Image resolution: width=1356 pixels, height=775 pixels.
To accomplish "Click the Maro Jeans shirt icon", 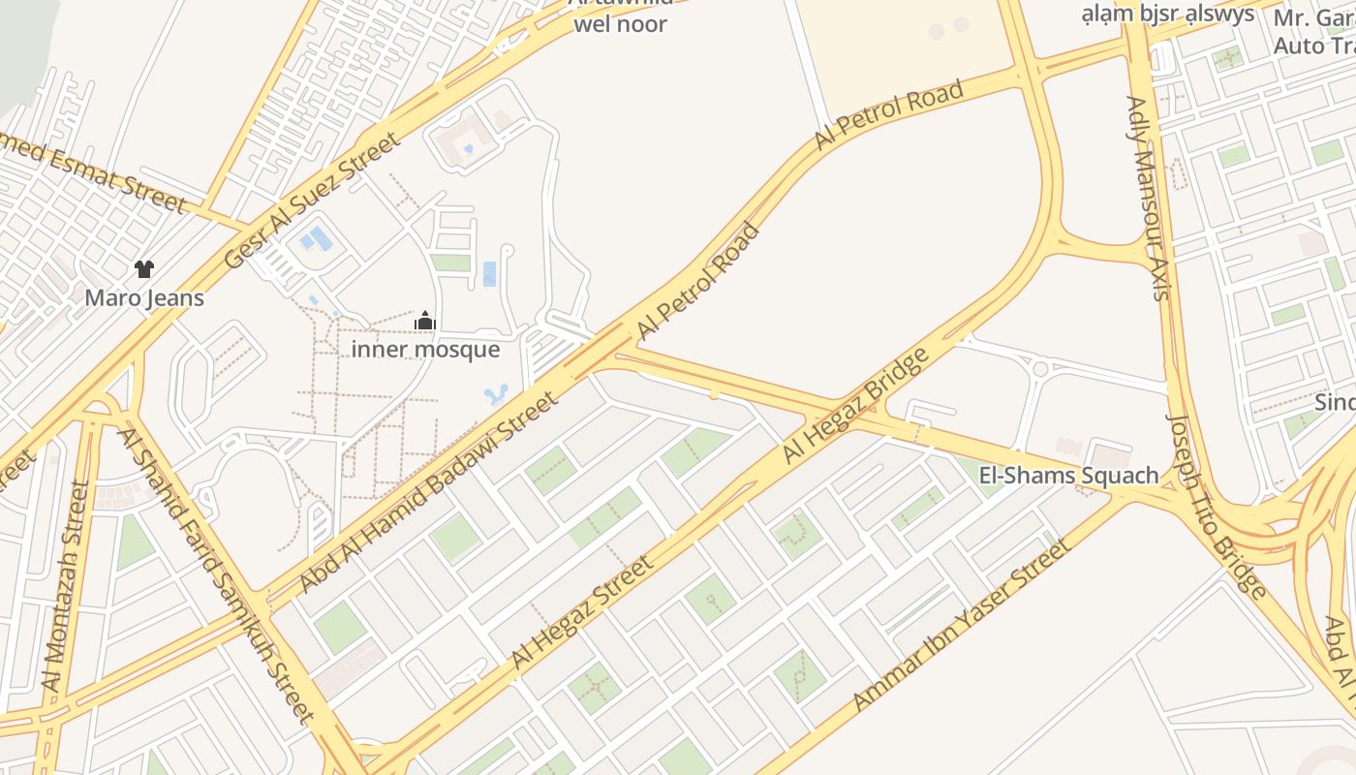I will (144, 269).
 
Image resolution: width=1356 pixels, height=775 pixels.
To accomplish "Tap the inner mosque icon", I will (424, 321).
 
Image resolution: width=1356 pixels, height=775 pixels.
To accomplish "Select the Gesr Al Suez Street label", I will (312, 201).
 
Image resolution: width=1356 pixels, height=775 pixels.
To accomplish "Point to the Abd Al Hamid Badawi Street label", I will (429, 491).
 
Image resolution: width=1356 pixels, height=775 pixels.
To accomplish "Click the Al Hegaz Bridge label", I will (856, 404).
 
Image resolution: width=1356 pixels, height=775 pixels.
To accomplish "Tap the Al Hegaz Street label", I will (581, 612).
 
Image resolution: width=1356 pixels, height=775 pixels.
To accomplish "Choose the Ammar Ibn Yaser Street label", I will (964, 625).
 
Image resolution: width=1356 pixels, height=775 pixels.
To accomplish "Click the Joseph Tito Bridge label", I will (1217, 506).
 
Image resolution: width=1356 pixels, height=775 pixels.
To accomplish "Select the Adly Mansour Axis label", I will (1149, 198).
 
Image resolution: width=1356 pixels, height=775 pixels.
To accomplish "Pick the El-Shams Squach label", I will (1069, 475).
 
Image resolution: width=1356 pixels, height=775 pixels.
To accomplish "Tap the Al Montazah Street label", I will (66, 586).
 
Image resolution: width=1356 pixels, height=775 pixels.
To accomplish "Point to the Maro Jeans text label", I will (144, 297).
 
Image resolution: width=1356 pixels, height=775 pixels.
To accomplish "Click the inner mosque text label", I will (425, 349).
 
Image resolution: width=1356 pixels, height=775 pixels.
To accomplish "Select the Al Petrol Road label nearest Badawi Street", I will (698, 281).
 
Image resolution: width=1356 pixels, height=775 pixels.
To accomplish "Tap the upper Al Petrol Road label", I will (889, 116).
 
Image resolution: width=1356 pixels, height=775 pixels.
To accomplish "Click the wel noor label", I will (620, 24).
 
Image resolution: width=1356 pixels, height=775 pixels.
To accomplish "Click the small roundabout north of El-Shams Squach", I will (1040, 368).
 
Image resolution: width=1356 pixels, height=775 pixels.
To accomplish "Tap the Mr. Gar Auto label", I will (1313, 31).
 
